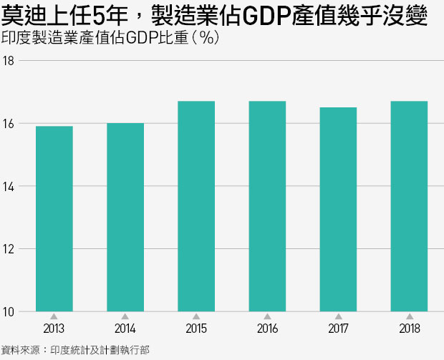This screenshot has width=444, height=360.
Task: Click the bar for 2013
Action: pos(54,218)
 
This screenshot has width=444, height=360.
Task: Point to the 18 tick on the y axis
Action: pos(9,61)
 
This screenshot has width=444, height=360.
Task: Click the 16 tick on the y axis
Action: pos(9,124)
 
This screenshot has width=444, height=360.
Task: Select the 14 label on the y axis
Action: pos(9,186)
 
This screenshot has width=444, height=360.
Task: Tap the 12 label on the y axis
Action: pos(9,249)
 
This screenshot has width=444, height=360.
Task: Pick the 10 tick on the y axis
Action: pos(9,311)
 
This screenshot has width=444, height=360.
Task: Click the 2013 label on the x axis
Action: pos(54,330)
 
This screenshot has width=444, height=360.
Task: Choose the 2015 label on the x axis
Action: pos(196,330)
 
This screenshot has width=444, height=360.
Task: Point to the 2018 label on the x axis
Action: pos(409,330)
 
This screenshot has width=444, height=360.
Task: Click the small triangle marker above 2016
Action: pos(267,316)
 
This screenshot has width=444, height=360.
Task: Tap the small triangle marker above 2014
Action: pos(125,316)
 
